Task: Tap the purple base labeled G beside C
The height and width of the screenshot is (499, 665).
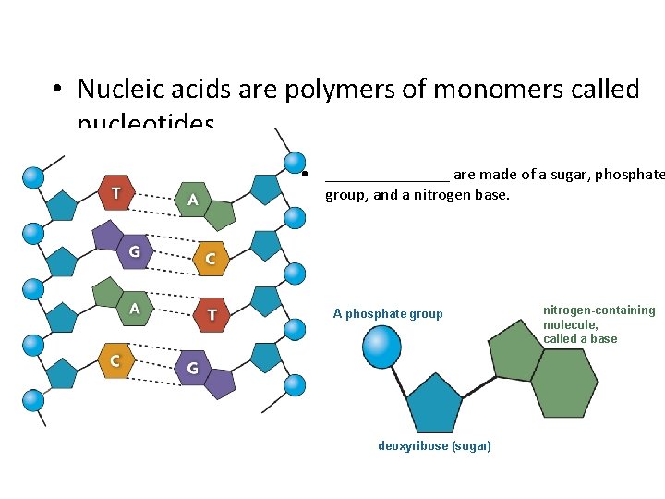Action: pos(135,249)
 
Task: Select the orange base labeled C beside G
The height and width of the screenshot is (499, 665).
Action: pos(209,258)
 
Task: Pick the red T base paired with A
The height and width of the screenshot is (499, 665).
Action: pos(212,314)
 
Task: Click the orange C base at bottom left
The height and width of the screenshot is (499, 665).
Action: pos(116,359)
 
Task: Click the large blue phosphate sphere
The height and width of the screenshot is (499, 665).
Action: pos(381,347)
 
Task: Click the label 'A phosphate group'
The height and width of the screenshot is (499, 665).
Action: pos(388,314)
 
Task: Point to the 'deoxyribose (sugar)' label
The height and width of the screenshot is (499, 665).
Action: pos(434,446)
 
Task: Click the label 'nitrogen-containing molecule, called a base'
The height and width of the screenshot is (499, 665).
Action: pos(598,324)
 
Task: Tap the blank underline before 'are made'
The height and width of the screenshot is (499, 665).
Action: pos(387,176)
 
